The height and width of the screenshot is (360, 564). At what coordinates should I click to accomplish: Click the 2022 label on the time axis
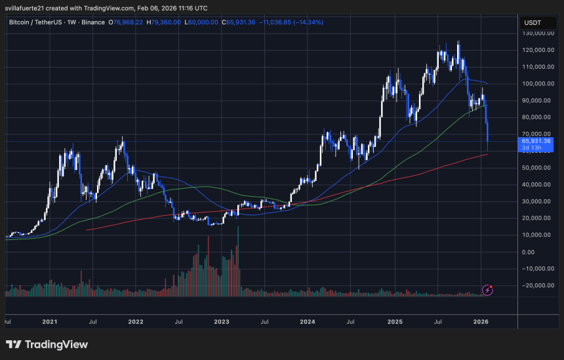click(136, 323)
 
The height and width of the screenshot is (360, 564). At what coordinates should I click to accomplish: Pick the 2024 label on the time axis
click(308, 323)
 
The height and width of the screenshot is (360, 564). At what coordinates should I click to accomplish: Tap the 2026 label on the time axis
click(481, 323)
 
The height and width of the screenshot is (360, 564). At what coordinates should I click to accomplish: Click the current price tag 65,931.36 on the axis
click(537, 140)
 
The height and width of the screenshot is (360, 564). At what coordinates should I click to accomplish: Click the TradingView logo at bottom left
click(47, 344)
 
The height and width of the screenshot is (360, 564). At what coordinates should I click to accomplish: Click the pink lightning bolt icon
click(488, 290)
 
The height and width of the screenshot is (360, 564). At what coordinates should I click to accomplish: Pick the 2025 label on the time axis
click(394, 323)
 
